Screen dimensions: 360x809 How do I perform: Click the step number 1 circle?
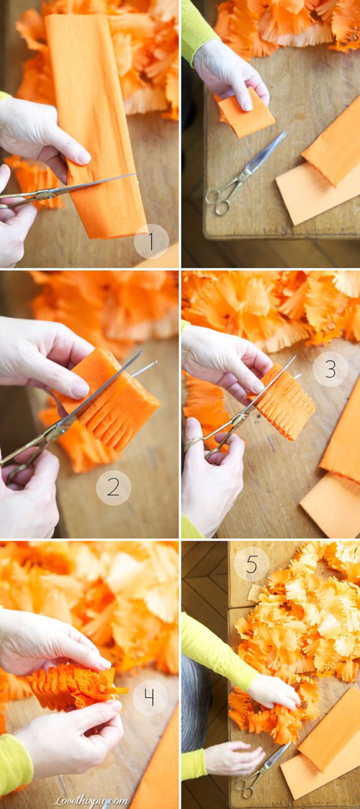pos(151,241)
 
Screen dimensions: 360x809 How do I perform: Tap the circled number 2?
pos(114,487)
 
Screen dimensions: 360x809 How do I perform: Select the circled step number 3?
pos(330,369)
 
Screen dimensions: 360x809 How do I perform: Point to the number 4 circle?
pos(150,697)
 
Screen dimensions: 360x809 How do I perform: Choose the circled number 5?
pos(252,564)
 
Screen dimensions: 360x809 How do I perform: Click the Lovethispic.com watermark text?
pos(91,801)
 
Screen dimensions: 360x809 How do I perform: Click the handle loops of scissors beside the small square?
pos(219,199)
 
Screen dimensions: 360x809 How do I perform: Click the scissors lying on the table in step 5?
pos(262,767)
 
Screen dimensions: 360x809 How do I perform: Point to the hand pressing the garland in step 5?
pos(274,692)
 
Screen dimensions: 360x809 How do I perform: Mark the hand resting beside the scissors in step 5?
pos(235,757)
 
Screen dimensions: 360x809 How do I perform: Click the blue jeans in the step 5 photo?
pos(196,702)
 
